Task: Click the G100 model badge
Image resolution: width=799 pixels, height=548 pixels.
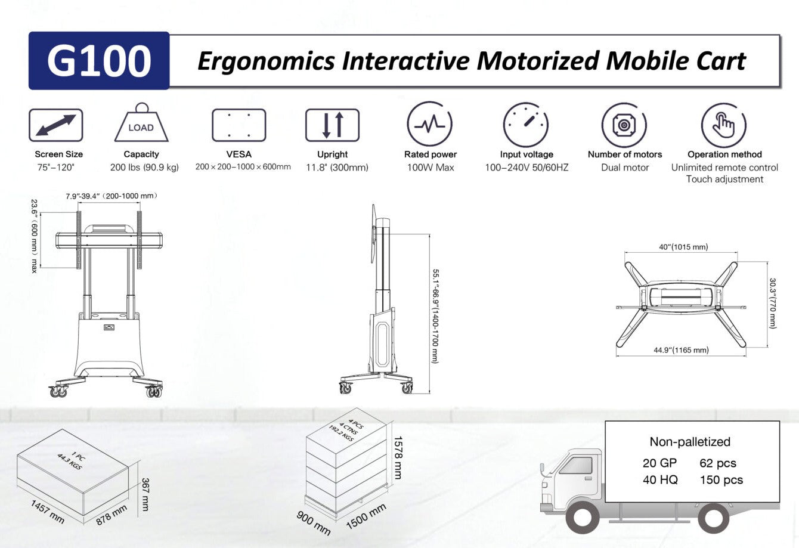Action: click(99, 61)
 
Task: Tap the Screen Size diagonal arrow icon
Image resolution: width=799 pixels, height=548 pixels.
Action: click(56, 125)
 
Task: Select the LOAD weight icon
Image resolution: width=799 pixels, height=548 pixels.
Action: click(141, 122)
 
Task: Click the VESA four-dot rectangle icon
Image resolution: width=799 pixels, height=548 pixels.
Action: click(239, 125)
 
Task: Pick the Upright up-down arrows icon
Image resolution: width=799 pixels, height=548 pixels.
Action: click(333, 125)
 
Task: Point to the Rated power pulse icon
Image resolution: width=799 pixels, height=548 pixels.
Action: click(429, 124)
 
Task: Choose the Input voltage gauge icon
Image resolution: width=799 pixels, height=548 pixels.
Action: click(526, 125)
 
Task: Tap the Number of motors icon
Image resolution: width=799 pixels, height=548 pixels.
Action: click(624, 125)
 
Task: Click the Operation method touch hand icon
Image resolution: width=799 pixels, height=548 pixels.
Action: click(724, 125)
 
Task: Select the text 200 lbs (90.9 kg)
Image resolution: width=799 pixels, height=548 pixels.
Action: click(144, 168)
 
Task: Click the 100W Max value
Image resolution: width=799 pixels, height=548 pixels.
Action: click(431, 168)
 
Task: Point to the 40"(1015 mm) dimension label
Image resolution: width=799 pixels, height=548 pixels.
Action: click(683, 247)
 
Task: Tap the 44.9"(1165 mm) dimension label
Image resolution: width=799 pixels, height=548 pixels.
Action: click(681, 350)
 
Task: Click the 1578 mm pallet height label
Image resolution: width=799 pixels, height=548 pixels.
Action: click(398, 457)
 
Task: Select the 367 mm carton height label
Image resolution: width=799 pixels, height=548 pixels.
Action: click(145, 494)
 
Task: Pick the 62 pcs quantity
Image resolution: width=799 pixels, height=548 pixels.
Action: click(718, 463)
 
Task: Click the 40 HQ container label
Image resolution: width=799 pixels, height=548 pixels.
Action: click(660, 479)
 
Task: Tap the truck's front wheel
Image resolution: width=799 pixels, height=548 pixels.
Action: click(582, 518)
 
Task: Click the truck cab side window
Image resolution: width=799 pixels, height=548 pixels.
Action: click(577, 465)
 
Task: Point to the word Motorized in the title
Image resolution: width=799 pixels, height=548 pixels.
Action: click(538, 61)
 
